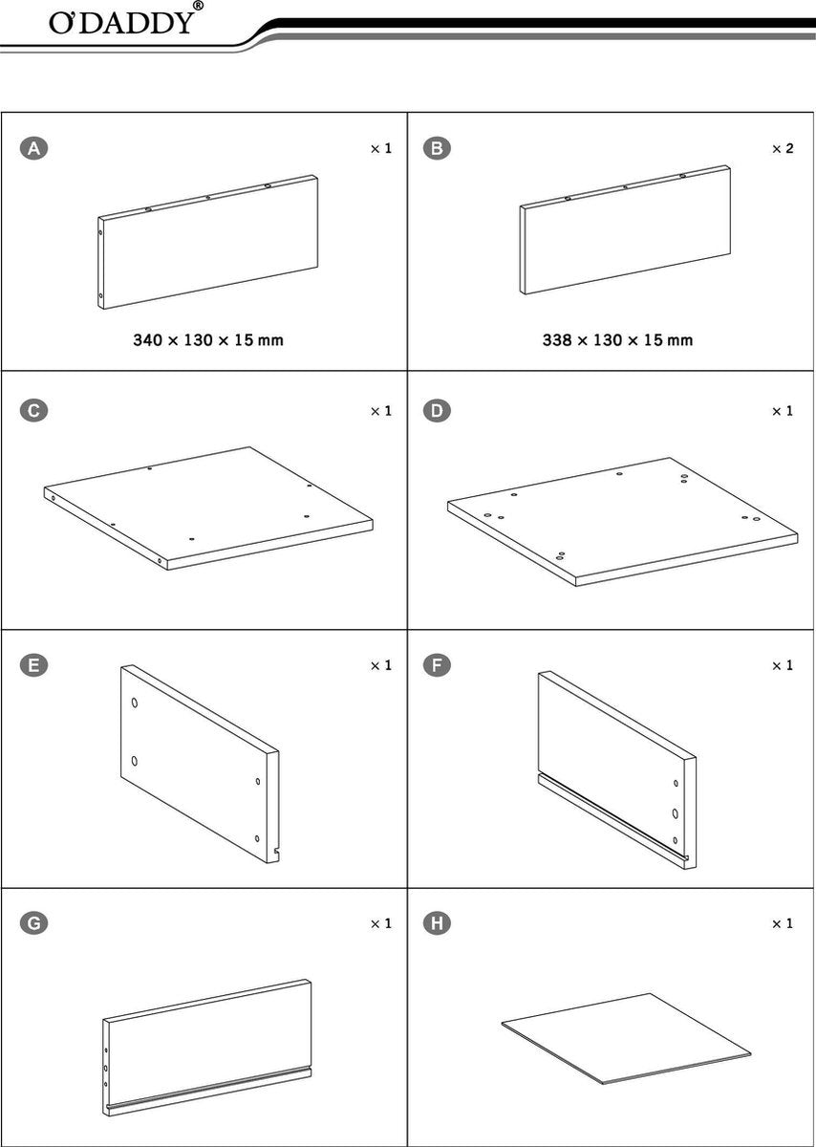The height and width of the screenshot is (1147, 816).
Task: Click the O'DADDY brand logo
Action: click(121, 23)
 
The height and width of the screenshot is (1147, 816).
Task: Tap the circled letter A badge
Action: click(33, 148)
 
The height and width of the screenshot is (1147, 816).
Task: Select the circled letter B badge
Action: click(437, 148)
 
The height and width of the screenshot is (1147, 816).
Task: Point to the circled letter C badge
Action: click(33, 411)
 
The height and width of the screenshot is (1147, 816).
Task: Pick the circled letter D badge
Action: click(437, 411)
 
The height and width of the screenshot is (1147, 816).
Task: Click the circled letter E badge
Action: click(33, 665)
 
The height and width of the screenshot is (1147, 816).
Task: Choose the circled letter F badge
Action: click(437, 665)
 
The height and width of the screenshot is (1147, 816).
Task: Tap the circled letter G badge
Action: click(33, 923)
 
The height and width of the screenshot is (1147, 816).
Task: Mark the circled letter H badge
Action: click(437, 923)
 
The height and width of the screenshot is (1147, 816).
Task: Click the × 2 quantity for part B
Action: click(783, 148)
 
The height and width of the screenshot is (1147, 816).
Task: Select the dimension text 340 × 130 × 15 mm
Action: click(208, 340)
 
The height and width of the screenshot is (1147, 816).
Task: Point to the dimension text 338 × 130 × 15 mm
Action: click(617, 340)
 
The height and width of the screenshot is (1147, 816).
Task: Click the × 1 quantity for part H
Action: click(783, 923)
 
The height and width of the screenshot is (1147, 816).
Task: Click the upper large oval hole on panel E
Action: click(135, 702)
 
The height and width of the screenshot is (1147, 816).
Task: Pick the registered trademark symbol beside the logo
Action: click(198, 6)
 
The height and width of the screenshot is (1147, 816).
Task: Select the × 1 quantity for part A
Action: click(381, 148)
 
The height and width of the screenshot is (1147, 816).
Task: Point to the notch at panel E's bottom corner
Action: click(276, 851)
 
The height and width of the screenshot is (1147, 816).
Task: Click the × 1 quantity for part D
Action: click(783, 411)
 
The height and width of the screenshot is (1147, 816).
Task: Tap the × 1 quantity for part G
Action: click(381, 923)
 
